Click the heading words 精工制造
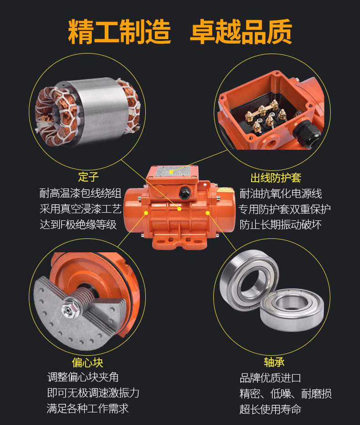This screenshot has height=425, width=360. click(x=119, y=32)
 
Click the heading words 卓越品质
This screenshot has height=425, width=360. click(x=241, y=32)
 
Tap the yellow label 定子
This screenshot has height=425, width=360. click(x=88, y=177)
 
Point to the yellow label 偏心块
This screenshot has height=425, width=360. click(x=87, y=362)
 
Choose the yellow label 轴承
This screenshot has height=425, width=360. click(x=274, y=362)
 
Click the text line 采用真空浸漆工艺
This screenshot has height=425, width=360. click(x=81, y=209)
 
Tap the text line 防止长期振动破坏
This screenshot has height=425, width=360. click(x=281, y=225)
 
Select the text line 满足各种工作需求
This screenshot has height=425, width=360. click(x=87, y=408)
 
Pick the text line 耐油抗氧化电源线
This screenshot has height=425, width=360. click(x=281, y=194)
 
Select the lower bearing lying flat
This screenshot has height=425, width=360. click(x=292, y=310)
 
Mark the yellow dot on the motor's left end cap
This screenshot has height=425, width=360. click(x=145, y=213)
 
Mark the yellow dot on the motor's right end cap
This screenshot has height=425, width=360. click(x=208, y=213)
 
